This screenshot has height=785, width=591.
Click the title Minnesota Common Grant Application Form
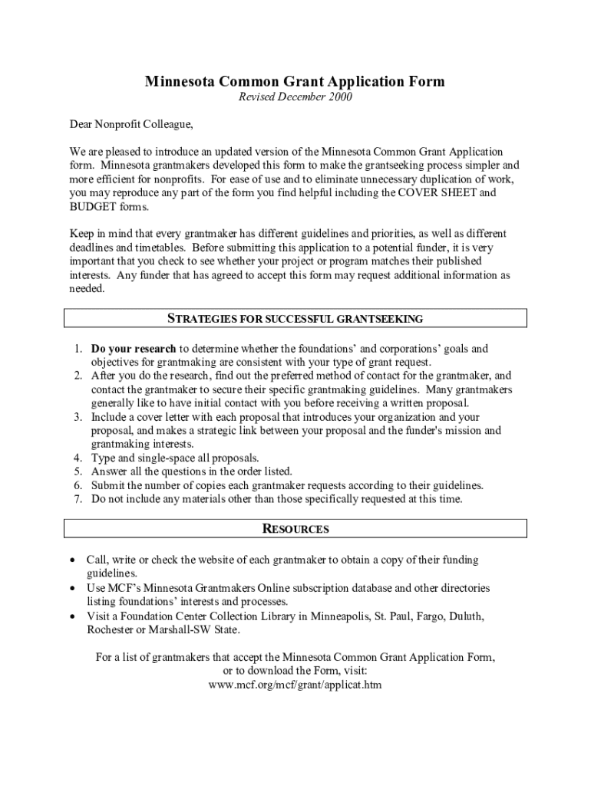295,82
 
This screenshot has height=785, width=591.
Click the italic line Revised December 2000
295,97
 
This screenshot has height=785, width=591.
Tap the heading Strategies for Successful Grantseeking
295,319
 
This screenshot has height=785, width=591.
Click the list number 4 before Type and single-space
78,458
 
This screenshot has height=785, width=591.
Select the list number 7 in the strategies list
78,499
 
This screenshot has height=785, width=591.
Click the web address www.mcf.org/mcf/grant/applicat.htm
295,685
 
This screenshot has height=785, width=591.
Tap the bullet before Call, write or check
71,560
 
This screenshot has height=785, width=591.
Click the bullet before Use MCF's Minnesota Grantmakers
71,588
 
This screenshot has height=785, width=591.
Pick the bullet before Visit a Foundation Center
71,616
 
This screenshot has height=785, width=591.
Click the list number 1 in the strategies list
78,349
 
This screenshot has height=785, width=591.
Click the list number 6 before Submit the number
78,485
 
